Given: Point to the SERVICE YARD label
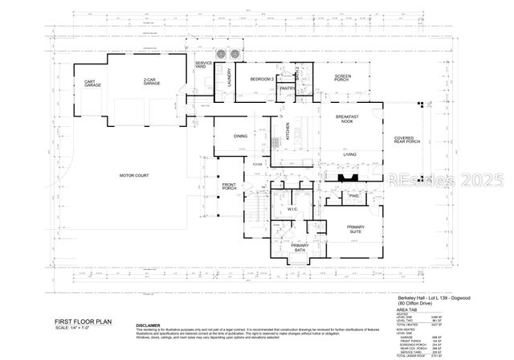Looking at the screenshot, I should pos(204,65).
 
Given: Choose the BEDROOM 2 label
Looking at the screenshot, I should pos(262,79).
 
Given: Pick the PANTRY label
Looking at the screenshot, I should pos(286,89).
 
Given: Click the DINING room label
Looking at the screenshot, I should pos(241,137).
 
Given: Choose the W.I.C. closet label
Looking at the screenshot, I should pos(293,211).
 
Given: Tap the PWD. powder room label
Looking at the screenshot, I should pos(354,196).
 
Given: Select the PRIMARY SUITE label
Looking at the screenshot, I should pos(355,230).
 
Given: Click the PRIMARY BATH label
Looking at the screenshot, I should pos(300,247).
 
